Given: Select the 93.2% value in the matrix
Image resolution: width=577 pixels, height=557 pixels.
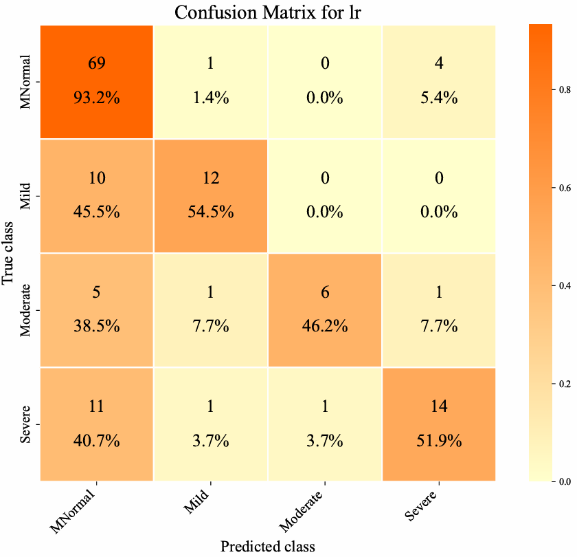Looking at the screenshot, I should coord(96,98).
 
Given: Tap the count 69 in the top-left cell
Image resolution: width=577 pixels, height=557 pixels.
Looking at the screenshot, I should coord(96,64).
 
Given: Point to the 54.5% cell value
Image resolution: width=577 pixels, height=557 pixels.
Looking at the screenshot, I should coord(211,212).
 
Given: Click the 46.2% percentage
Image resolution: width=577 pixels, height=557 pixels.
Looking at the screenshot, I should coord(325,326).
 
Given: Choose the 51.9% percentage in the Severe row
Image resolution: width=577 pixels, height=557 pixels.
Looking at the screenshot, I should coord(439,440).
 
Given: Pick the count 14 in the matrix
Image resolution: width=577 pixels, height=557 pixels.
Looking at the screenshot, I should coord(439,406).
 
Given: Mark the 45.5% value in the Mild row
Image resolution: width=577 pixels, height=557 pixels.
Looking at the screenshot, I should coord(96,212).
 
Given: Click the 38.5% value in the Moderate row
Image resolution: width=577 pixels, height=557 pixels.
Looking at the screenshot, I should coord(96,326).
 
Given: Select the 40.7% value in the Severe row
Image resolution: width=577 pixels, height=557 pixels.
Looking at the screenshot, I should coord(96,440).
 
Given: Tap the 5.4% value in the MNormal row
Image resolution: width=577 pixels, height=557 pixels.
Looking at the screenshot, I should coord(439,98).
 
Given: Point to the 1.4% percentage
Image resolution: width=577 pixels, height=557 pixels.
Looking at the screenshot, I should coord(211,98).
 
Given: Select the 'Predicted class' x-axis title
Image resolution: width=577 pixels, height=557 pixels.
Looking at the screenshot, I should coord(267,547).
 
